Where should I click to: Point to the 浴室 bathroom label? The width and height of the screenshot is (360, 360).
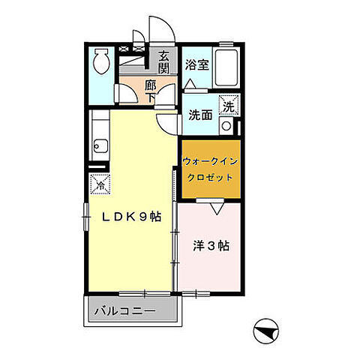click(x=196, y=64)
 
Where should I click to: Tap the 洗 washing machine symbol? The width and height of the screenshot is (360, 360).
click(x=228, y=106)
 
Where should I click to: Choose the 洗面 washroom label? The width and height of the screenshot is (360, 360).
click(x=199, y=115)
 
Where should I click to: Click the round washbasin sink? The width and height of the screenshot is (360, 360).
click(x=226, y=126)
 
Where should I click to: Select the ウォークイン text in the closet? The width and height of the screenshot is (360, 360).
click(x=211, y=161)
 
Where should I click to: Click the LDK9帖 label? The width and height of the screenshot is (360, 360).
click(x=132, y=217)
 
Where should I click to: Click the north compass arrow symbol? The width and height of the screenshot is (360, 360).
click(x=266, y=328)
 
